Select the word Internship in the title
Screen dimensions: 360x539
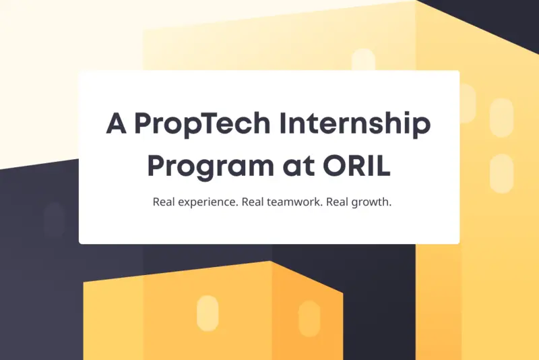(354, 125)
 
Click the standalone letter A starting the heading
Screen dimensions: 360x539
(117, 123)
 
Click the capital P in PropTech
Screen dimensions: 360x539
(144, 123)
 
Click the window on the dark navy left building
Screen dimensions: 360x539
(53, 220)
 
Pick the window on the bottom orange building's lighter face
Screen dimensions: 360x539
(207, 313)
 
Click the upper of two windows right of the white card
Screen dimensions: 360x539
(501, 118)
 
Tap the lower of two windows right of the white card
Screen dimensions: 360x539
(501, 173)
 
